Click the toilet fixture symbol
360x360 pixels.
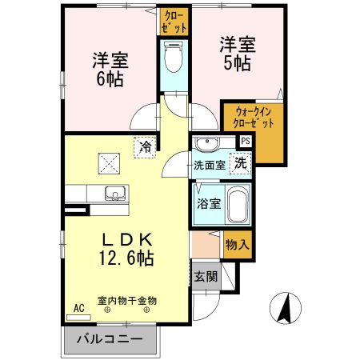coord(174,57)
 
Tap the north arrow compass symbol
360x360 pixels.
coord(286,308)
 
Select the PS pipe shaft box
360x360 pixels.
coord(246,141)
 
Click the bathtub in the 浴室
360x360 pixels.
coord(238,203)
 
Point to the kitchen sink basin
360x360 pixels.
coord(115,193)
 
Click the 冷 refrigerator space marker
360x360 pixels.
coord(146,147)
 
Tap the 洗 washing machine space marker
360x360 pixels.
coord(241,163)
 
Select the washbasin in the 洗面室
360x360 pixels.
coord(206,144)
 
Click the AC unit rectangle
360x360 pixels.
coord(78,318)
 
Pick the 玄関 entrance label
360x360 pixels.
coord(206,277)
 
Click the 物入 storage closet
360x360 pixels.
coord(238,244)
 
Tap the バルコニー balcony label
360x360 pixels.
coord(110,339)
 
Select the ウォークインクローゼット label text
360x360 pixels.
coord(253,118)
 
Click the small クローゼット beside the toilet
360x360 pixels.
coord(174,22)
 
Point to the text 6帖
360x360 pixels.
coord(110,79)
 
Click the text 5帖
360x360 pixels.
coord(237,63)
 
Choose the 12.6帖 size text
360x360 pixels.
coord(126,258)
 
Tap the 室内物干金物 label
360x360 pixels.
coord(127,301)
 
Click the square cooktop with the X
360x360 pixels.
coord(109,163)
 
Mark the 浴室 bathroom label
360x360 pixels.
coord(209,204)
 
